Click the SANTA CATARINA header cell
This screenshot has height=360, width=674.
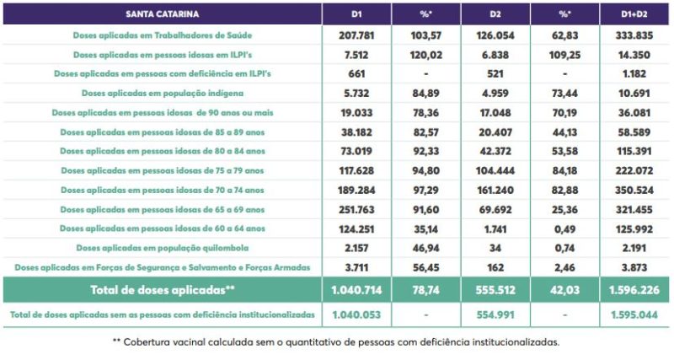pyautogui.click(x=161, y=14)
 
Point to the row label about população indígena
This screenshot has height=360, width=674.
pyautogui.click(x=161, y=93)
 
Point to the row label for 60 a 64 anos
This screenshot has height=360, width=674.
pyautogui.click(x=161, y=228)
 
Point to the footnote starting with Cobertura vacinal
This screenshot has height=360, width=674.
pyautogui.click(x=336, y=342)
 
